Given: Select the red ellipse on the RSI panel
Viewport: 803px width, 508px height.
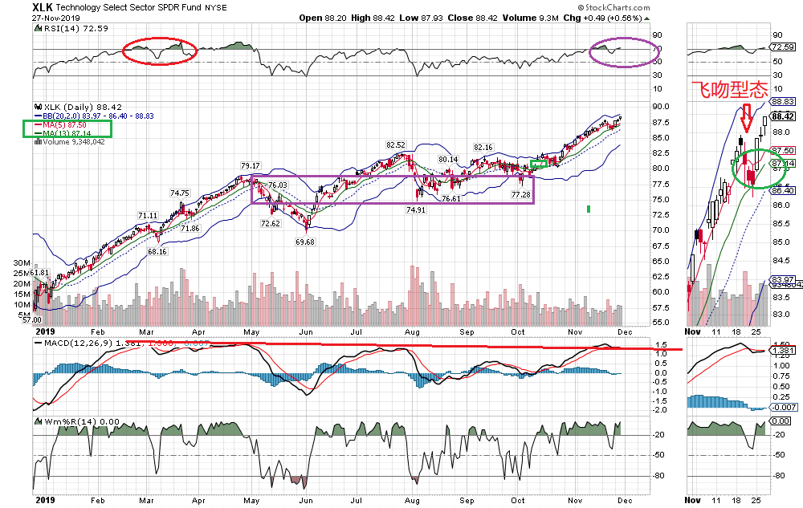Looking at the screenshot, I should (160, 51).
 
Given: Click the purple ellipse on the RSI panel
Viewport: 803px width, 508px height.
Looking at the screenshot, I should (622, 52).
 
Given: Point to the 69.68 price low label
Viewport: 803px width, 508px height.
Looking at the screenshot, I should (304, 241).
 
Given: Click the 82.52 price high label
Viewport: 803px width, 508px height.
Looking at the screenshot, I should (395, 144).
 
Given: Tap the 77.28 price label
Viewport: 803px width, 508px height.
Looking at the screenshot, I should (522, 195).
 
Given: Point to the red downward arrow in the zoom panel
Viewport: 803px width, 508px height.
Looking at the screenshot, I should (747, 118).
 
